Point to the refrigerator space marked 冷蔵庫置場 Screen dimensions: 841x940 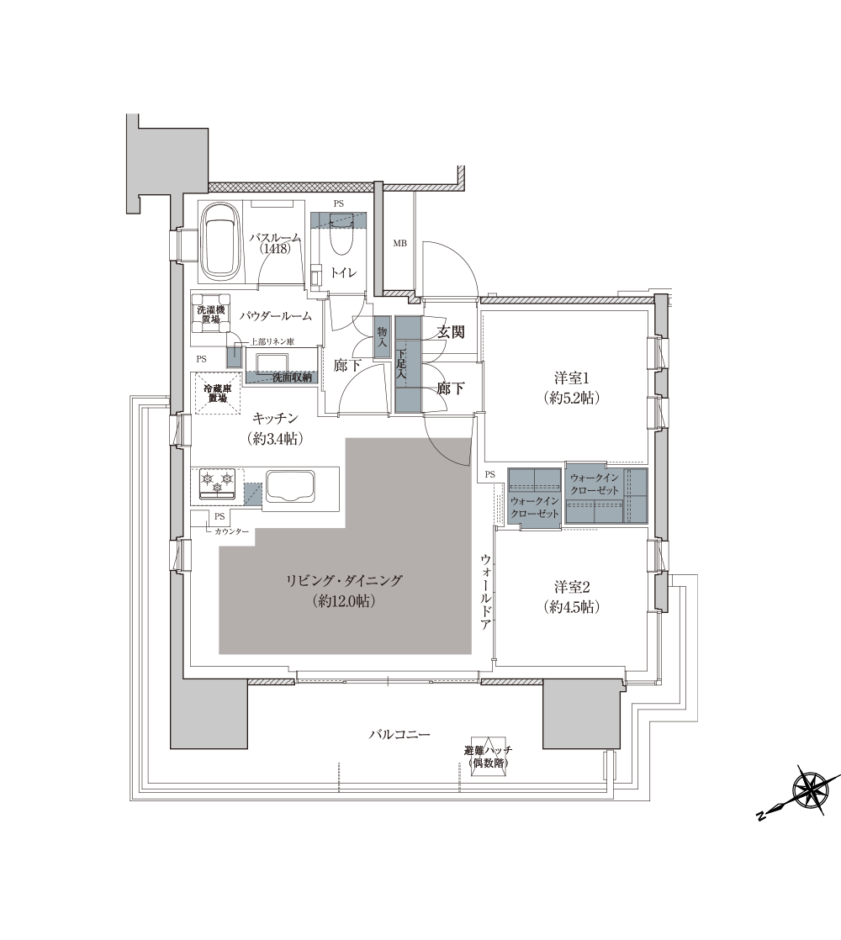[x=216, y=393]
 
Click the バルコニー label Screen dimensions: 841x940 [x=399, y=734]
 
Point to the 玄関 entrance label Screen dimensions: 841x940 [x=450, y=331]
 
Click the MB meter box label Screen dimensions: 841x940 [x=399, y=243]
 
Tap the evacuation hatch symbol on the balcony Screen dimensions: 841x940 [x=488, y=757]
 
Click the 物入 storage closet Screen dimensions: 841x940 [x=382, y=338]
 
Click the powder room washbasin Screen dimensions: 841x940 [x=272, y=362]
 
